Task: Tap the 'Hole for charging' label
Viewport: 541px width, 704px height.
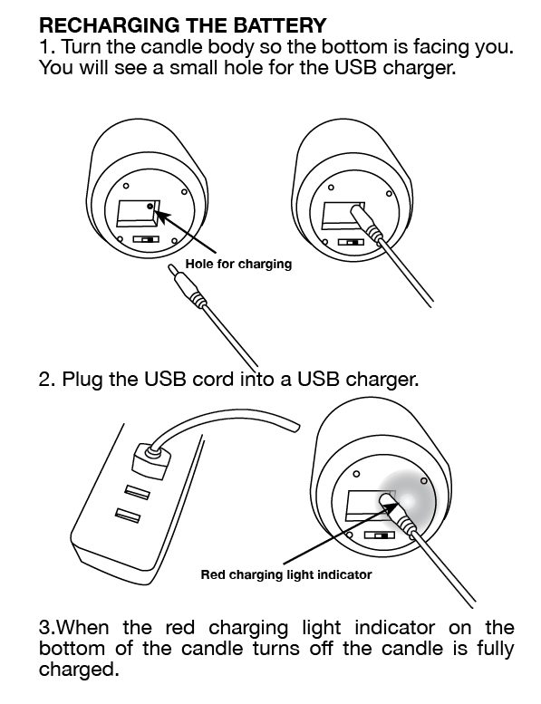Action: [x=238, y=264]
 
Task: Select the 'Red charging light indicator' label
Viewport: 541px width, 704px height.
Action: [x=286, y=574]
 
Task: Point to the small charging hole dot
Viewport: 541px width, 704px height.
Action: [x=150, y=206]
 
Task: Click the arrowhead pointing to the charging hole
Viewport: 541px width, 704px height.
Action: [x=162, y=217]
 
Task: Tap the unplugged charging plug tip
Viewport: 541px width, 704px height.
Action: [x=171, y=268]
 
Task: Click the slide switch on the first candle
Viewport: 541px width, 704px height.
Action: [x=146, y=239]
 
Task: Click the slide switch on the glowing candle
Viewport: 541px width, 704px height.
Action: [x=379, y=535]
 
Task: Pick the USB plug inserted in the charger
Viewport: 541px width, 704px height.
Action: [x=151, y=460]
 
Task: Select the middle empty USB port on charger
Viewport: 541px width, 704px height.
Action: [x=138, y=492]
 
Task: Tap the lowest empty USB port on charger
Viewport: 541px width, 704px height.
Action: [x=128, y=516]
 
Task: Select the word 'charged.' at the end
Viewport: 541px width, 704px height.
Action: [x=79, y=670]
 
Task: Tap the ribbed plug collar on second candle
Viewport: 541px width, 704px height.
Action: [x=374, y=233]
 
